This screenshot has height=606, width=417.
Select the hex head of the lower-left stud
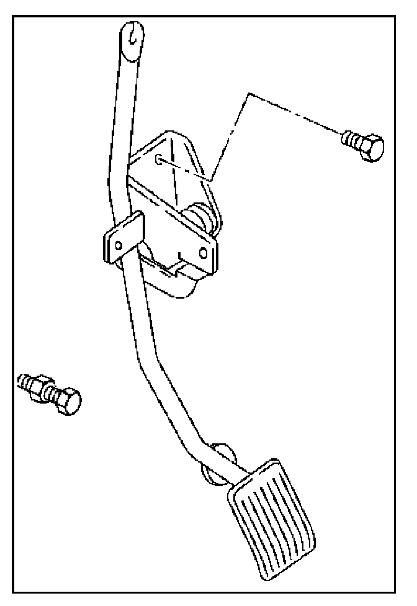point(67,401)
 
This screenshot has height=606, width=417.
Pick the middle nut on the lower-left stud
point(43,387)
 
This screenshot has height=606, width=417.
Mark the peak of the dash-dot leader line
point(248,94)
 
